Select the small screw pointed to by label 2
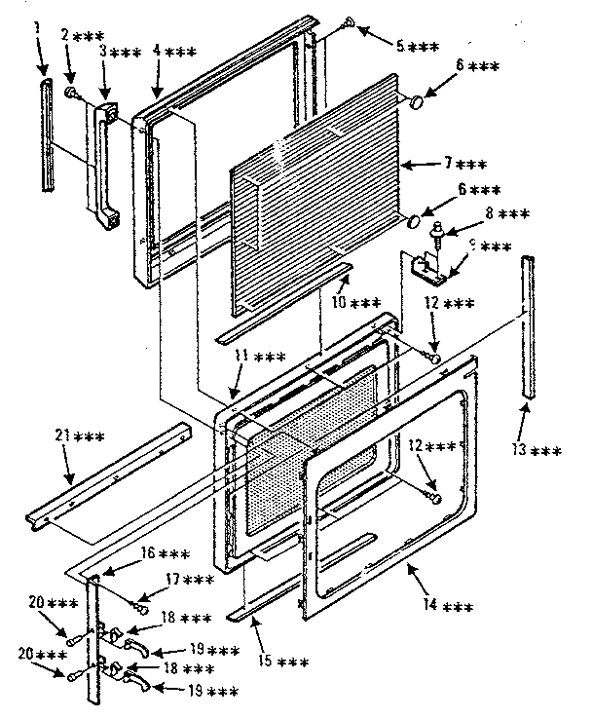click(x=71, y=92)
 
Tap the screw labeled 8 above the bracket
click(x=437, y=232)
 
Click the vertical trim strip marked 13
click(x=530, y=326)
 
